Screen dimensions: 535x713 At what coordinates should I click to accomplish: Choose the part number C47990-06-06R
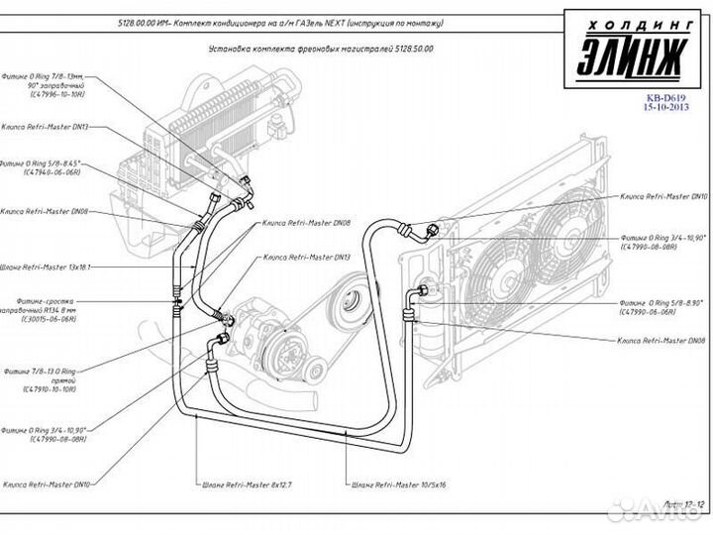pos(648,311)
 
